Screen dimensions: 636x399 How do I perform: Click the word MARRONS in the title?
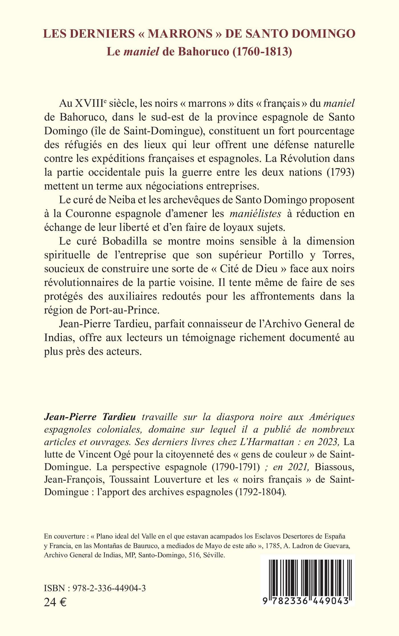(180, 34)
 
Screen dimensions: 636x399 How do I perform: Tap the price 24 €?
(55, 602)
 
